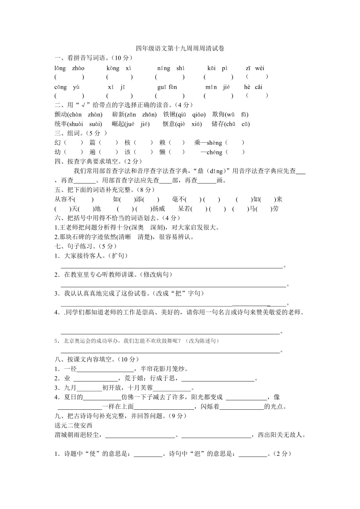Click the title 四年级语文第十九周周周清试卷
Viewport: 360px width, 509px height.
180,49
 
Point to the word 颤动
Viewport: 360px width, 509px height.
61,115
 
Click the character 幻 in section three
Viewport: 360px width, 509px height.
58,143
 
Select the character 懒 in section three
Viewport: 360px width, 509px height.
162,152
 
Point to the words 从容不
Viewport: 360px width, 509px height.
65,199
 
